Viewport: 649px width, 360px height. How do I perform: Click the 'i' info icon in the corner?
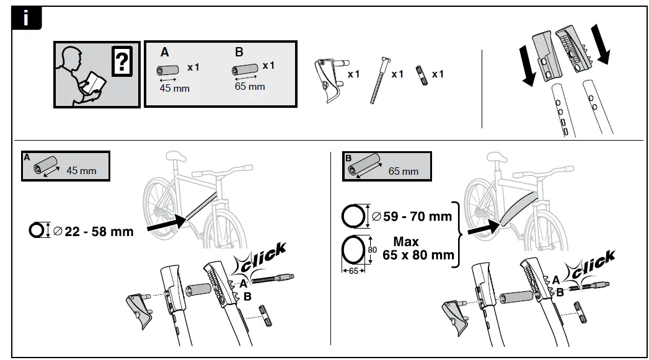coord(26,19)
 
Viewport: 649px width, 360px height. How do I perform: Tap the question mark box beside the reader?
coord(123,63)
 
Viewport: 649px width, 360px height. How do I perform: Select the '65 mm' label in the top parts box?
coord(249,86)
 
